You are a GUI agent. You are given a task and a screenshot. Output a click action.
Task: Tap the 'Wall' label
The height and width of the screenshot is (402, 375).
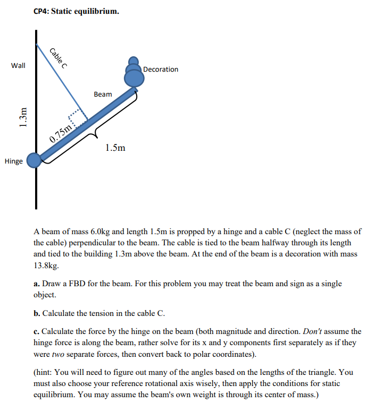[x=18, y=65]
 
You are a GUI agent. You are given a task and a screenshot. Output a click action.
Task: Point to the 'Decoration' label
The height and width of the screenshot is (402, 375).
[x=161, y=70]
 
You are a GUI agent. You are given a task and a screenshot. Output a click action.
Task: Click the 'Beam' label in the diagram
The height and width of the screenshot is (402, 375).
[x=103, y=94]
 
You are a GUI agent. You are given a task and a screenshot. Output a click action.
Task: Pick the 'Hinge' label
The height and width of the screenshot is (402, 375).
[x=13, y=161]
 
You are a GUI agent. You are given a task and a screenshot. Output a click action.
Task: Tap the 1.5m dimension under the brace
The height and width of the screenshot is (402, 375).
[x=115, y=148]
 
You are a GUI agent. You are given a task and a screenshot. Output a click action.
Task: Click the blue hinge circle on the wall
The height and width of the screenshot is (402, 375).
[x=35, y=160]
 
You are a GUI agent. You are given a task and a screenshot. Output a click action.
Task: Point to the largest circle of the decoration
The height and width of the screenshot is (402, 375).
[x=134, y=78]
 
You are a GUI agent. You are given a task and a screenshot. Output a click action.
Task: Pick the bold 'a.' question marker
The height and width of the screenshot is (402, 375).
[x=37, y=284]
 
